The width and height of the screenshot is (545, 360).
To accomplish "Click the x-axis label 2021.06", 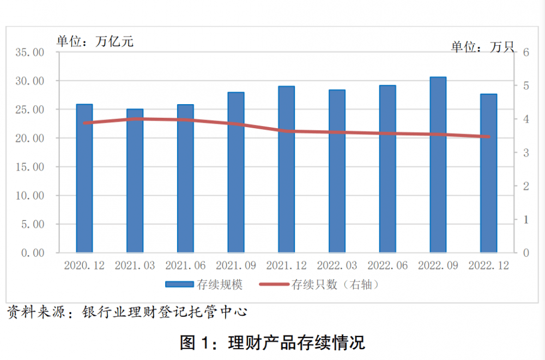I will pos(185,266).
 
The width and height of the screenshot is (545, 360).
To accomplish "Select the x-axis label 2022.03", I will pos(337,266).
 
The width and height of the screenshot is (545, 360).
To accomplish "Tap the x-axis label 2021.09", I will pos(236,266).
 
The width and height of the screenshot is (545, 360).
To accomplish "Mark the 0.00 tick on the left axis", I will pos(32,253).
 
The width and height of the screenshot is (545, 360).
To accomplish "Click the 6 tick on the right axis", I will pos(525,52).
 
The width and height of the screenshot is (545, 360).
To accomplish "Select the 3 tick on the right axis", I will pos(525,153).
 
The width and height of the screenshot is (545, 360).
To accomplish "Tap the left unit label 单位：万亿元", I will pos(95,41).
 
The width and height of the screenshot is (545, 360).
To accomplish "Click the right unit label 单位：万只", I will pos(482,47).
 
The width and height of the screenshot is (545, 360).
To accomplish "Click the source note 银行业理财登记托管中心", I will pos(165,312).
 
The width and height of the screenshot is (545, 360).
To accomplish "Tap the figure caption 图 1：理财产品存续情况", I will pos(272,343).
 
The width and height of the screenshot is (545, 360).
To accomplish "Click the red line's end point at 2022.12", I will pos(489,137).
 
